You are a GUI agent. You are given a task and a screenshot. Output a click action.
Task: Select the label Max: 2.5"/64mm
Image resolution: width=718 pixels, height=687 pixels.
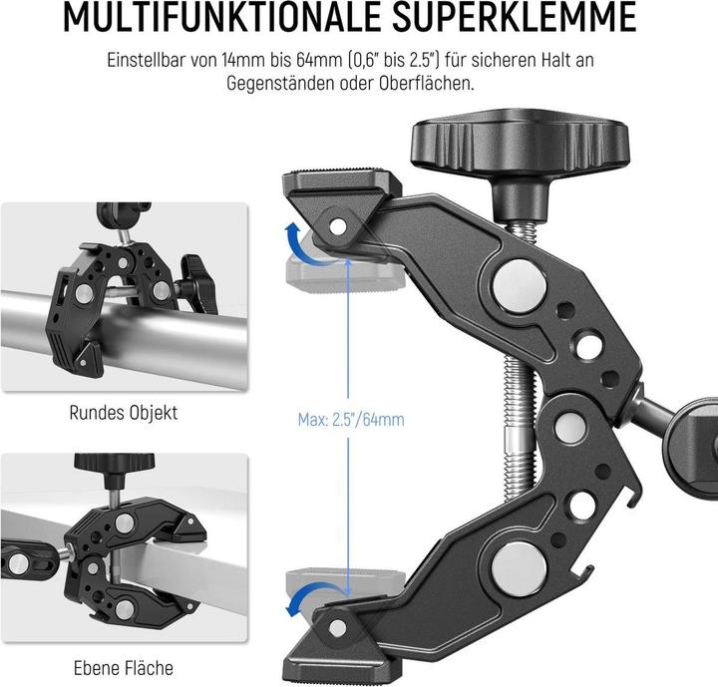(x=351, y=419)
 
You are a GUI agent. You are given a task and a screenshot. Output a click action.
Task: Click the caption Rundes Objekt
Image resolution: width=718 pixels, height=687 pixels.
(x=124, y=411)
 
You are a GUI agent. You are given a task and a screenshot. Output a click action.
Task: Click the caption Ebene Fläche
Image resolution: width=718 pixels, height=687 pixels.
(x=124, y=668)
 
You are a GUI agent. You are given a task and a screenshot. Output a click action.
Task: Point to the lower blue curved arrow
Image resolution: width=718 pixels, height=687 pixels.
(x=298, y=599)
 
